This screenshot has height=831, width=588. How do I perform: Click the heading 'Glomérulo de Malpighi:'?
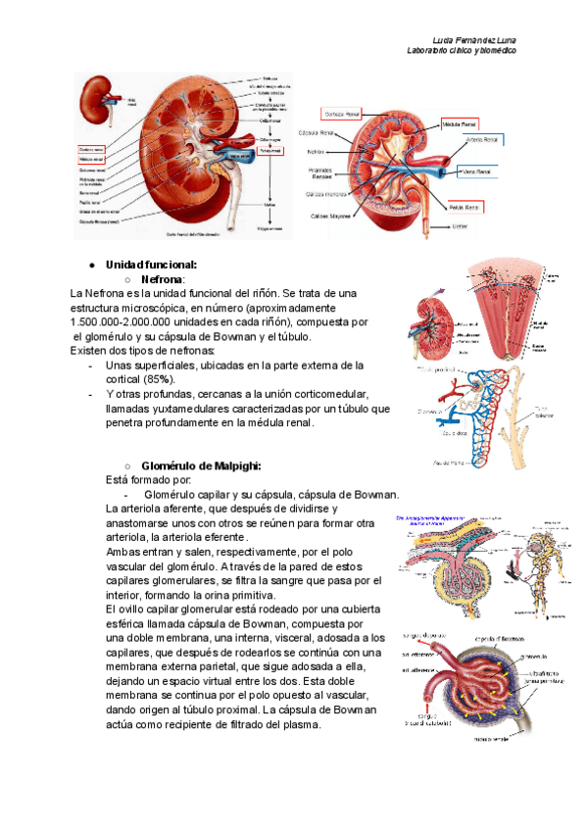[201, 465]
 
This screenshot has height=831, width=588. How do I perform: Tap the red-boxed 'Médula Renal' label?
[461, 125]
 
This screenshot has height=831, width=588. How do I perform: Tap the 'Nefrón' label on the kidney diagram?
[316, 152]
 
